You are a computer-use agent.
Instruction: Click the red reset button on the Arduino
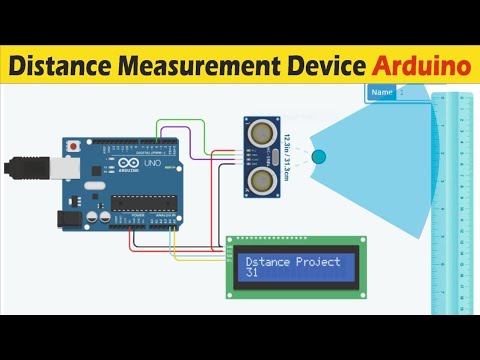tap(72, 147)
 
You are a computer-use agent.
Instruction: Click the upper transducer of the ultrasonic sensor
tap(261, 129)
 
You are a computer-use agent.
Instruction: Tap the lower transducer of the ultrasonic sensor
tap(261, 179)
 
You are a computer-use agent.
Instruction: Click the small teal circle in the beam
tap(319, 157)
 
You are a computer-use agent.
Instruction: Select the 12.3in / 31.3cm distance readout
tap(289, 155)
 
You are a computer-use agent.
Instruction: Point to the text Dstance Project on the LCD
tap(293, 262)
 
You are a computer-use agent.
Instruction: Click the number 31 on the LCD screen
tap(252, 273)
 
